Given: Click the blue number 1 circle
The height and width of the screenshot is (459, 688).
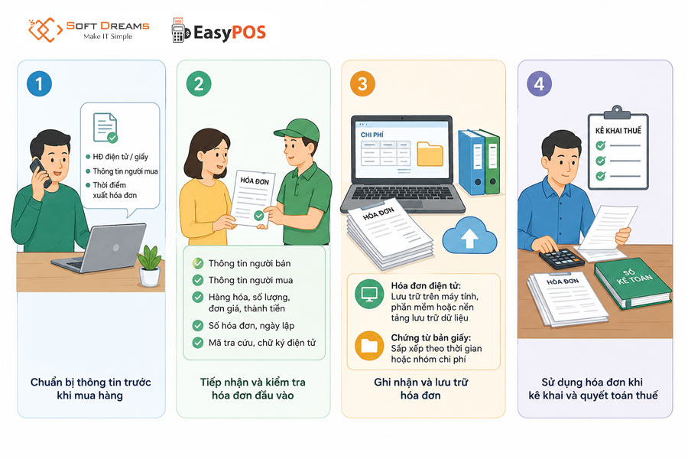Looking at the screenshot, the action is click(x=39, y=83).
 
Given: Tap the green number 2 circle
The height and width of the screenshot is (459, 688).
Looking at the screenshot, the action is click(x=199, y=83).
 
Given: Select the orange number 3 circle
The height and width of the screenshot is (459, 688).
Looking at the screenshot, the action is click(x=362, y=83).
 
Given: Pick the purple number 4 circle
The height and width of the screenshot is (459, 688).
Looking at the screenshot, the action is click(x=539, y=83).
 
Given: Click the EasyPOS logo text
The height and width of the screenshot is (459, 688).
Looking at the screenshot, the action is click(x=229, y=32).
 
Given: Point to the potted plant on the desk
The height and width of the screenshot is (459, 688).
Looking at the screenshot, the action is click(x=149, y=265).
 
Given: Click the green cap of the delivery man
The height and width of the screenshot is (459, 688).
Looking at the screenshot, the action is click(x=297, y=129).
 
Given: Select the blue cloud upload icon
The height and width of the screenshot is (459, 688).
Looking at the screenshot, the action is click(x=469, y=236).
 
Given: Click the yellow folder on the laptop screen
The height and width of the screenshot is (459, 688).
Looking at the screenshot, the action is click(x=430, y=154).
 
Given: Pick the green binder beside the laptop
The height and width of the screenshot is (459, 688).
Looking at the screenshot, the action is click(x=491, y=161).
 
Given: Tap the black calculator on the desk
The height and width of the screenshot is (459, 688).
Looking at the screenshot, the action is click(x=562, y=259).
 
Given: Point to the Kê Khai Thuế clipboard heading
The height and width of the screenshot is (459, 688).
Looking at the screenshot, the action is click(x=618, y=131).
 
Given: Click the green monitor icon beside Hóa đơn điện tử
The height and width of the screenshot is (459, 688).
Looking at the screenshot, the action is click(x=369, y=294).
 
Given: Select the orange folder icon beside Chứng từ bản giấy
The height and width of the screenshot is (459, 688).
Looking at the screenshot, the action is click(x=369, y=346).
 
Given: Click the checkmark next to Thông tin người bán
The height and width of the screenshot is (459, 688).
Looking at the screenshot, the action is click(x=198, y=263).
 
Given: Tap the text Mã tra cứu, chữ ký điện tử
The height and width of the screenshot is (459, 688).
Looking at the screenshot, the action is click(x=262, y=343).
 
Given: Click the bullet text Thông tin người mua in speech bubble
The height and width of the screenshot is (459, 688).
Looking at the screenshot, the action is click(x=125, y=171).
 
